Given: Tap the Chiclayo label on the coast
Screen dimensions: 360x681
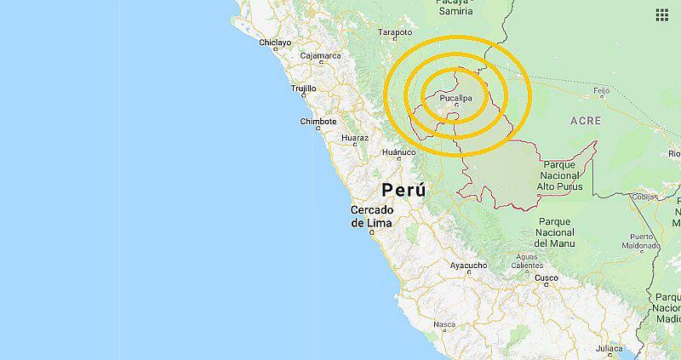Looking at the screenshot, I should [x=274, y=42].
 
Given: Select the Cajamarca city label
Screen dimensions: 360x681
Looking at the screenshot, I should [x=319, y=56].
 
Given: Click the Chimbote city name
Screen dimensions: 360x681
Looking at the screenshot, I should [x=319, y=121].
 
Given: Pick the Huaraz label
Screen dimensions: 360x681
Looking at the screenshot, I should [x=354, y=137].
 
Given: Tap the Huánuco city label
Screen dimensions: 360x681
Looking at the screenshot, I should [x=398, y=153].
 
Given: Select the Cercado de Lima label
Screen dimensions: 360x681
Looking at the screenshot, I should [x=371, y=216].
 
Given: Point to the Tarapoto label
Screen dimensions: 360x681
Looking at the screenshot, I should [x=395, y=32].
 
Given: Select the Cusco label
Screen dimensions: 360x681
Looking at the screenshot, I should [x=546, y=277].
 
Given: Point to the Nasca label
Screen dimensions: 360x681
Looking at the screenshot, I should [x=444, y=324].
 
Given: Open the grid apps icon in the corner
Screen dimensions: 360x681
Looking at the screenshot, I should [x=662, y=14].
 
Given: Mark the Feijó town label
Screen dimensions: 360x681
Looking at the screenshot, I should [x=601, y=89].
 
